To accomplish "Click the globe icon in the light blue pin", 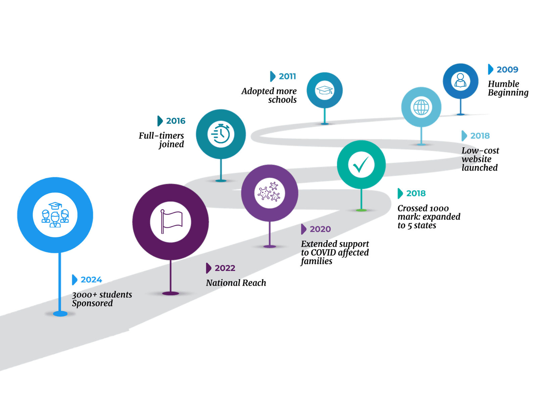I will [421, 107].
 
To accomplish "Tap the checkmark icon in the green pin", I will [361, 165].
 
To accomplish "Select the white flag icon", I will [171, 222].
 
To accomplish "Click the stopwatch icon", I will [221, 134].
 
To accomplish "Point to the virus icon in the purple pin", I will [270, 193].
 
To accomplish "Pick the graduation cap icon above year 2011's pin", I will [324, 90].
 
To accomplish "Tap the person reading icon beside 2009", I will [460, 81].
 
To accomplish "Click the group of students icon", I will [55, 215].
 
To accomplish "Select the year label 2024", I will [91, 279].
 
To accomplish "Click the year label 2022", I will [225, 268].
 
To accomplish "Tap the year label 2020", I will [320, 229].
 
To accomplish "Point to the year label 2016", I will [176, 121].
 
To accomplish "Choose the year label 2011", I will [287, 77].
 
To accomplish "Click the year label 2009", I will [507, 70].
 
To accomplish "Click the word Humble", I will [503, 84].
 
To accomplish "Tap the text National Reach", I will [236, 283].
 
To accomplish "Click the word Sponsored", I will [92, 303].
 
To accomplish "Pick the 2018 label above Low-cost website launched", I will [480, 136].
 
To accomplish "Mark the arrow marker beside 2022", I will [208, 268].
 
